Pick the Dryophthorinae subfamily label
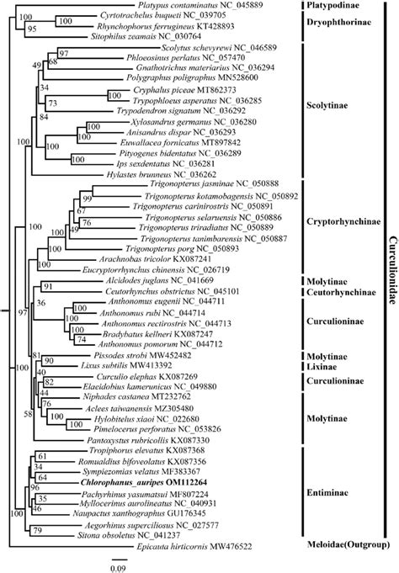336,19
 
